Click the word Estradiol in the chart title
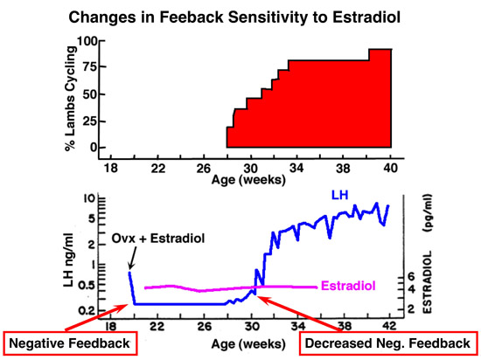(x=366, y=17)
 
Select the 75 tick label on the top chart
(x=89, y=66)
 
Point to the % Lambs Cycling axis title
(x=70, y=99)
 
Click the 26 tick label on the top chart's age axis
(x=204, y=169)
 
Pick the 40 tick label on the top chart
(x=390, y=169)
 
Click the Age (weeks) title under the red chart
(x=248, y=179)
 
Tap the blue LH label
(x=340, y=195)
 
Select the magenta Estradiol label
(x=348, y=286)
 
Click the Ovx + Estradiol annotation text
(x=158, y=238)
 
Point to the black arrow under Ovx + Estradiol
(x=133, y=258)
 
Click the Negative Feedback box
(x=70, y=343)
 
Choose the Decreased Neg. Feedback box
(x=388, y=343)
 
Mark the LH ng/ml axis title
(x=68, y=260)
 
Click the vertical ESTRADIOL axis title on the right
(x=427, y=282)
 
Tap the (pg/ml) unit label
(x=427, y=212)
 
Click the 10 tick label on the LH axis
(x=90, y=197)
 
